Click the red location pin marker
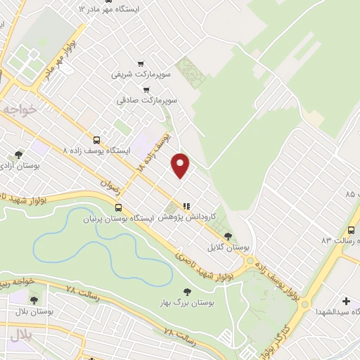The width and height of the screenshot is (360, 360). [181, 165]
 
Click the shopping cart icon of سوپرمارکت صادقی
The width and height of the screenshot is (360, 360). [146, 90]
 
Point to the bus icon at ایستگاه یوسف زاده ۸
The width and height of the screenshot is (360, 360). [96, 139]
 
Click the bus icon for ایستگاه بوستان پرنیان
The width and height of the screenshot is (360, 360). [119, 207]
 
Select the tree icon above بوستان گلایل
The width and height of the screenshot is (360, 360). [226, 236]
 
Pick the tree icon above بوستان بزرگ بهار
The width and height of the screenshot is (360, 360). [186, 291]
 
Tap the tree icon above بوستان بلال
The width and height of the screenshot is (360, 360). [34, 300]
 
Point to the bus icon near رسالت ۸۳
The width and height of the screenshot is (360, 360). [352, 230]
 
